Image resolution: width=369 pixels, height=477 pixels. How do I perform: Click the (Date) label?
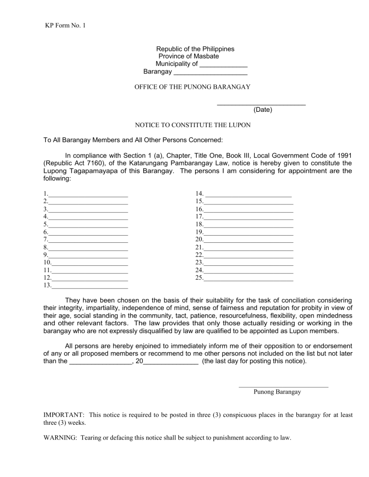coord(262,110)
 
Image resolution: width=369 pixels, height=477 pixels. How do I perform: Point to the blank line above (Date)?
coord(261,104)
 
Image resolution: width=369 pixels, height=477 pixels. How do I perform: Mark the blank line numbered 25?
coord(248,280)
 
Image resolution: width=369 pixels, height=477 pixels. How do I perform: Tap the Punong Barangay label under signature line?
coord(277,392)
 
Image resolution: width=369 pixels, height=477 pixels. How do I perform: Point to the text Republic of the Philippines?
coord(196,49)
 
